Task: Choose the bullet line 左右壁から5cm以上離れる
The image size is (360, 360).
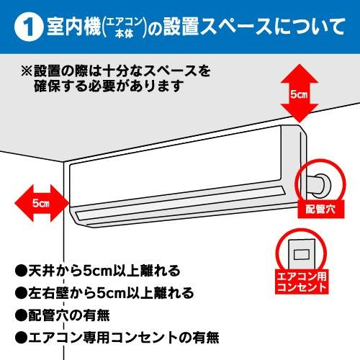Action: [105, 293]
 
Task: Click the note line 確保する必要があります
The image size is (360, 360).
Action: [108, 86]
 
